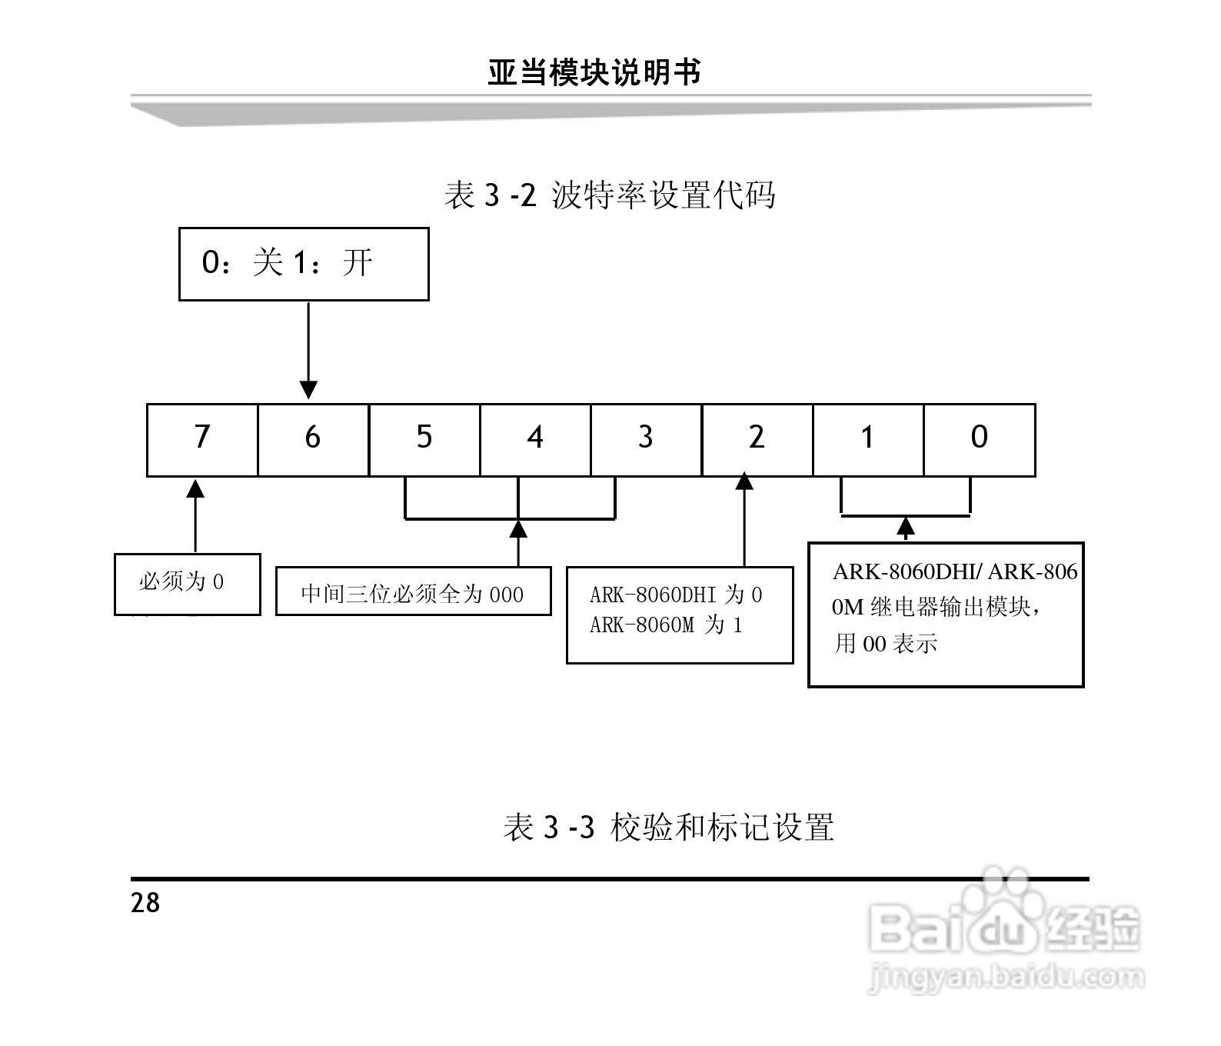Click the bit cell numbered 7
(202, 439)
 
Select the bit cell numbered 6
(313, 439)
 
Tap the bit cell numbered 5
(424, 439)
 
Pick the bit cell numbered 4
(535, 439)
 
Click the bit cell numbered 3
(646, 439)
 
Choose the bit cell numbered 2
(757, 439)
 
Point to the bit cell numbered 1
(867, 439)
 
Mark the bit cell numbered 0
(979, 439)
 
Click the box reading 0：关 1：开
(303, 264)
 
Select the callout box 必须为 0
(187, 584)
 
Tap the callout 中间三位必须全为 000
(413, 592)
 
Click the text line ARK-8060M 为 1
(666, 625)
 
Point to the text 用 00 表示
(886, 643)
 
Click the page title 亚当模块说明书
(594, 73)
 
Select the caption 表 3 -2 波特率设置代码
(610, 195)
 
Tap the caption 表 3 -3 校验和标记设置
(668, 828)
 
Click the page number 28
(145, 902)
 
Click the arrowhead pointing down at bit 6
(308, 389)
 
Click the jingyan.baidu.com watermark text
(1005, 979)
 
